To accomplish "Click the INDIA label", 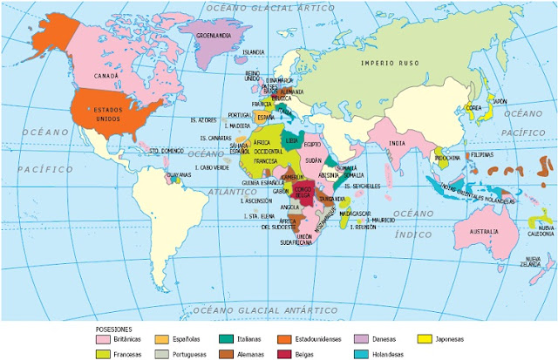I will [397, 144].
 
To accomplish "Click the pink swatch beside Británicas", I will [105, 338].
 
